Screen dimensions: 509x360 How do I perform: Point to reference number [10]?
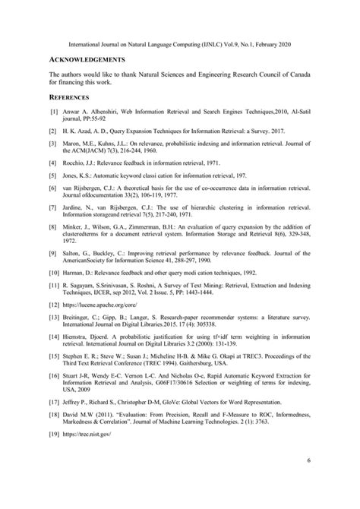click(x=54, y=272)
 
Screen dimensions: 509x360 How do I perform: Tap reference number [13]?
click(x=54, y=318)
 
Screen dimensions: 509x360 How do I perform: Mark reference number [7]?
click(x=54, y=206)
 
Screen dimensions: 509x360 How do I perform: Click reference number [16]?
click(x=54, y=378)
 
